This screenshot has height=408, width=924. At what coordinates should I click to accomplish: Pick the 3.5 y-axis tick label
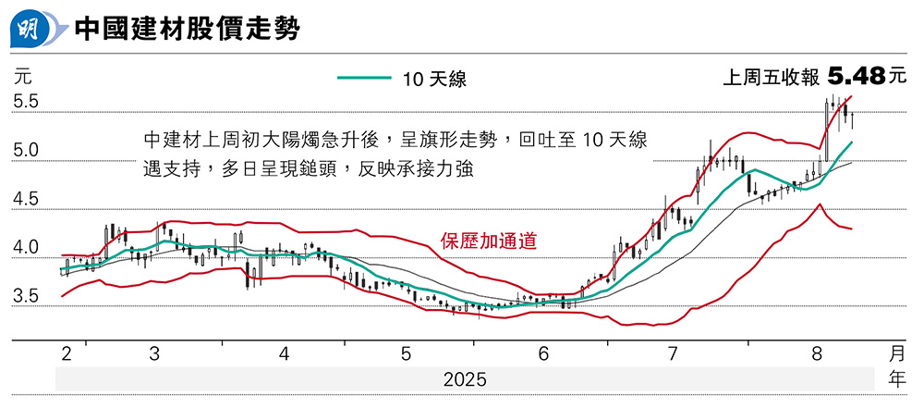point(26,297)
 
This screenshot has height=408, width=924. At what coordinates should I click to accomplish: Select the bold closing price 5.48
point(857,77)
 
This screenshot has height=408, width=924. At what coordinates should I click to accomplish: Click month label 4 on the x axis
point(285,354)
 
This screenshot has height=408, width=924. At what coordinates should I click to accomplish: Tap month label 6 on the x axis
point(543,354)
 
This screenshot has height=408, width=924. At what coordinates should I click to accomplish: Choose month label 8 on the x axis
point(816,354)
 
